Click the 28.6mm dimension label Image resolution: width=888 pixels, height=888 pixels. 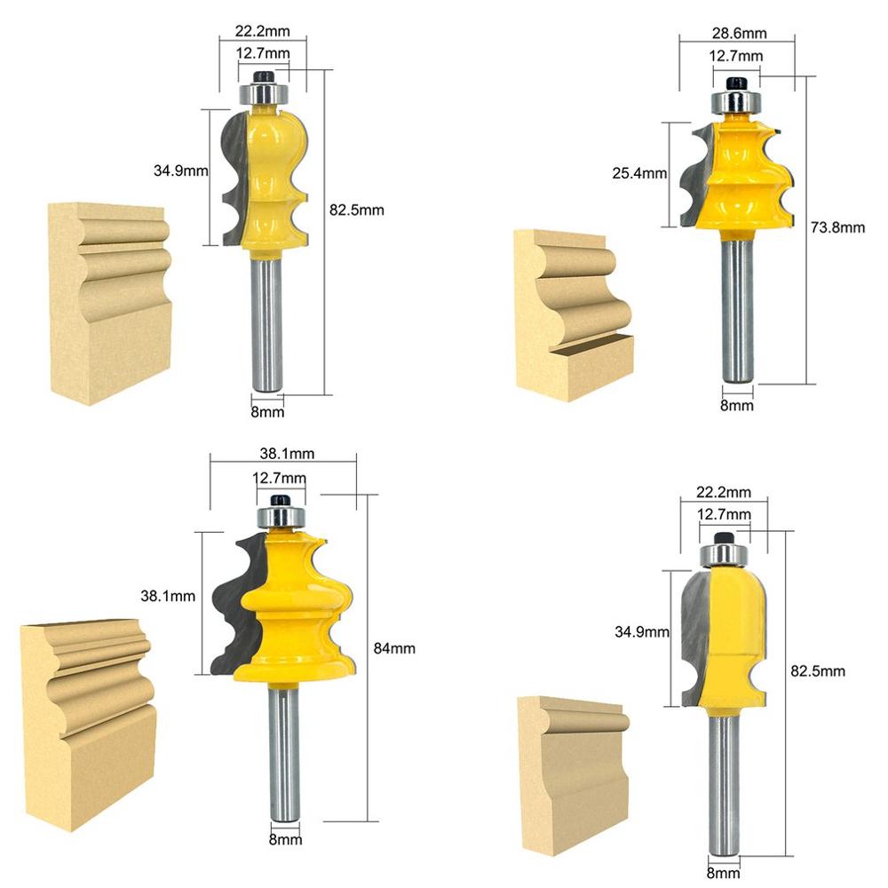(x=736, y=34)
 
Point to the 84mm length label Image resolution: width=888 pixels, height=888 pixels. (x=393, y=648)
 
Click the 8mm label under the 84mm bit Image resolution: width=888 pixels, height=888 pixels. (x=286, y=839)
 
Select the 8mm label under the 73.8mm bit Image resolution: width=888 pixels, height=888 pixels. (x=736, y=406)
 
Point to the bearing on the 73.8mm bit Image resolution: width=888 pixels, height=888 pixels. (x=734, y=100)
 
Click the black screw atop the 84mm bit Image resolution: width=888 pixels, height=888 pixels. (x=281, y=499)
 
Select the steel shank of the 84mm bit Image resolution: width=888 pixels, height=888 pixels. (x=285, y=755)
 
